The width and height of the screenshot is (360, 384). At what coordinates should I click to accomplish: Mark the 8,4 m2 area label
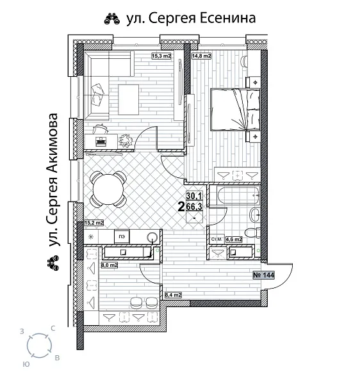(173, 295)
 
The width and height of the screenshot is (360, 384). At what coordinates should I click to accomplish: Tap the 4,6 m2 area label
(233, 239)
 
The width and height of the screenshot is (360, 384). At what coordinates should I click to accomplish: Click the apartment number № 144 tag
(265, 275)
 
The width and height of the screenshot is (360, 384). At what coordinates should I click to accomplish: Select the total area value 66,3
(194, 206)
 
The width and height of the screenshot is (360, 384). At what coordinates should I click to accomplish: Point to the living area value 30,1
(194, 196)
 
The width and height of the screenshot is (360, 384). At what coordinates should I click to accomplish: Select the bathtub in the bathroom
(227, 197)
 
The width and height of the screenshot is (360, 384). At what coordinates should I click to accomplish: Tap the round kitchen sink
(152, 237)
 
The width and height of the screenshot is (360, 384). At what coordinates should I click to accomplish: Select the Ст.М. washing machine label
(216, 239)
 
